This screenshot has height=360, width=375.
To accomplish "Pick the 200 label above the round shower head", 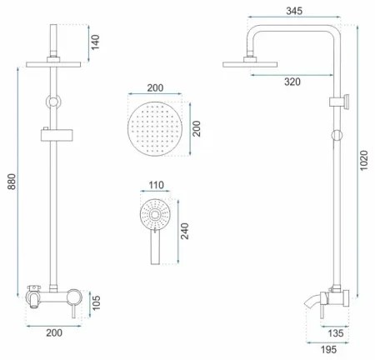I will [156, 88].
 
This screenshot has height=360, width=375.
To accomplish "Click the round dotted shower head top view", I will [156, 129].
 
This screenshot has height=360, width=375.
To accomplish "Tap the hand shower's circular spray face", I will [156, 214].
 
